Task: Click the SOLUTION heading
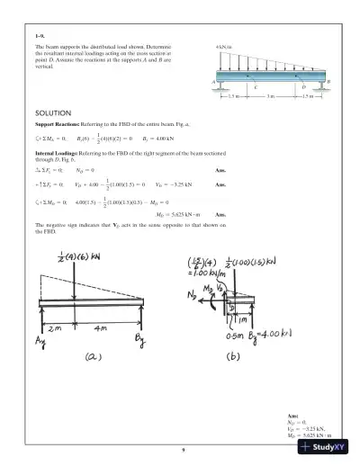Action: tap(52, 112)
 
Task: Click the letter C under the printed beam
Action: tap(255, 87)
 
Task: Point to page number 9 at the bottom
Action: tap(183, 449)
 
